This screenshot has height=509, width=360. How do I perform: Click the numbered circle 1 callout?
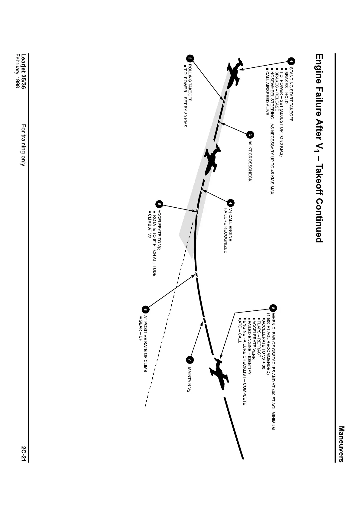[291, 61]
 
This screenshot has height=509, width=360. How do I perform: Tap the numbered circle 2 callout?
[190, 59]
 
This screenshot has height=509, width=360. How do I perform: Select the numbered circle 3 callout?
[250, 135]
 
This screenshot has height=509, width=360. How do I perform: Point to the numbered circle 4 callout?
[230, 203]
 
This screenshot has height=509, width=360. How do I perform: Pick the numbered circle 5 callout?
[159, 204]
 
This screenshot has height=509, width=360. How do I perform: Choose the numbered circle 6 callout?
[145, 310]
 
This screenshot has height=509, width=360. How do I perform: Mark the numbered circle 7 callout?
[190, 360]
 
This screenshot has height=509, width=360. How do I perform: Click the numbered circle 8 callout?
[273, 308]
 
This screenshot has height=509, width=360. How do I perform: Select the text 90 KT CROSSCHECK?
[250, 161]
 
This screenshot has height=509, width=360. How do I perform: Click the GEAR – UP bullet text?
[141, 329]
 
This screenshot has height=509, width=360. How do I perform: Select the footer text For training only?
[23, 145]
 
